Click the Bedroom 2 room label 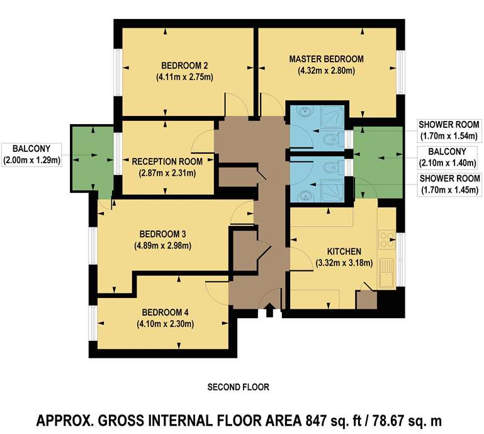click(184, 66)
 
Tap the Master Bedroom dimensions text click(326, 71)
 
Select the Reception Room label click(167, 161)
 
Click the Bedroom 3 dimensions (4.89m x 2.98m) click(162, 246)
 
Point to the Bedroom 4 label click(165, 312)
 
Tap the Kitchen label click(344, 251)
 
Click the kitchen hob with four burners click(387, 240)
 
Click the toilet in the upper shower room click(332, 140)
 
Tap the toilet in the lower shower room click(332, 168)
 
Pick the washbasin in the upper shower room click(305, 111)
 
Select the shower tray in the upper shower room click(333, 117)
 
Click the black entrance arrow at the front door click(269, 310)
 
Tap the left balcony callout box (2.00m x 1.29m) click(31, 155)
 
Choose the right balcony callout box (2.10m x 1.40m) click(447, 157)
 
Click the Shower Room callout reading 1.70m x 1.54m click(449, 130)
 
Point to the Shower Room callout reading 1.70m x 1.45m click(450, 184)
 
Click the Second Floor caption click(239, 387)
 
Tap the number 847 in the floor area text click(316, 421)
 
